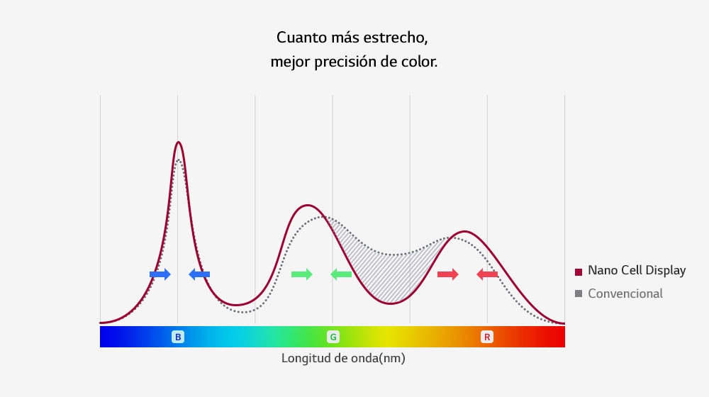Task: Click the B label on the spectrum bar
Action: [178, 337]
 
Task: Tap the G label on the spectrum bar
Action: [333, 337]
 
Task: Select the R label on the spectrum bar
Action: [487, 337]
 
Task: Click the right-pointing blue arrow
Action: [160, 274]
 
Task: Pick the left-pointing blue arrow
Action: [199, 274]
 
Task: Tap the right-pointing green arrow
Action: [302, 274]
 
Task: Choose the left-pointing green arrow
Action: [341, 274]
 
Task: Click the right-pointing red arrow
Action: [448, 274]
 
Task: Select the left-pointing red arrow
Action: [487, 274]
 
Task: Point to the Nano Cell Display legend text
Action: [637, 271]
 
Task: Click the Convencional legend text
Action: [625, 293]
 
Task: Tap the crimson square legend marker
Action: [579, 272]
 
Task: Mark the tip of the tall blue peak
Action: [179, 142]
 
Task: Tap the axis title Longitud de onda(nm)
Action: [343, 358]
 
